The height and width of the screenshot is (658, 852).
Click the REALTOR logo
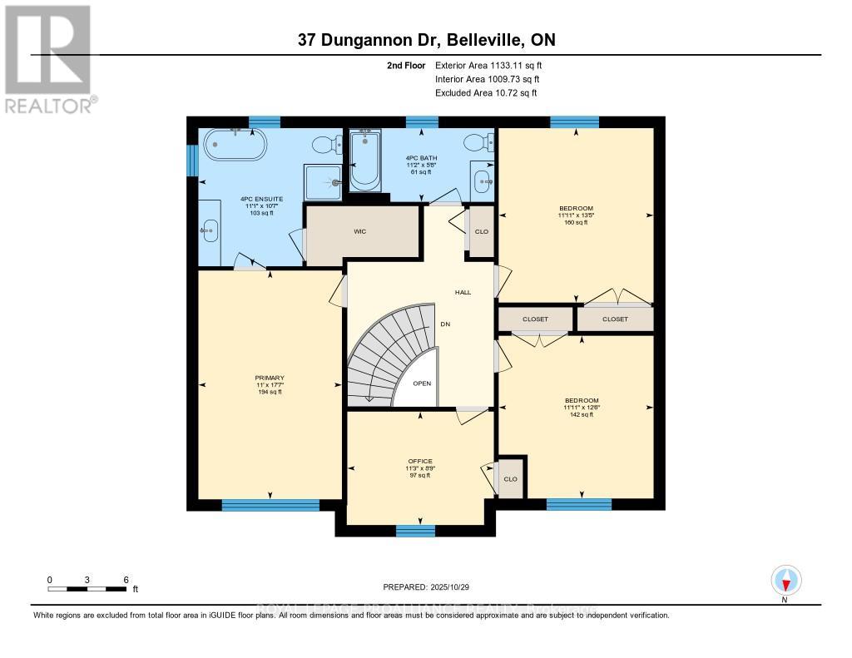48,58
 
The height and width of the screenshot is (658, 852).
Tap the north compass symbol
785,580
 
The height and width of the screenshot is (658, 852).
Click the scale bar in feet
87,589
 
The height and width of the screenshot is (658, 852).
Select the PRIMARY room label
269,378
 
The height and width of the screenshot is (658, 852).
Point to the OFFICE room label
419,460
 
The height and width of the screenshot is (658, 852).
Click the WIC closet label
360,232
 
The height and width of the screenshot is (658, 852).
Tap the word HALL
463,292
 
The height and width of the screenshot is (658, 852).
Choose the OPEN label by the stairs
422,383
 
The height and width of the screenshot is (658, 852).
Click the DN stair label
445,324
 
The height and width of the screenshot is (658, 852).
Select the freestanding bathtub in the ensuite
237,146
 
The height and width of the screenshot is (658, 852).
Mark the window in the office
415,531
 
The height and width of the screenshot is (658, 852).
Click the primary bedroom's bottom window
270,504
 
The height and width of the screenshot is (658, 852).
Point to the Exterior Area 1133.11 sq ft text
488,65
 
